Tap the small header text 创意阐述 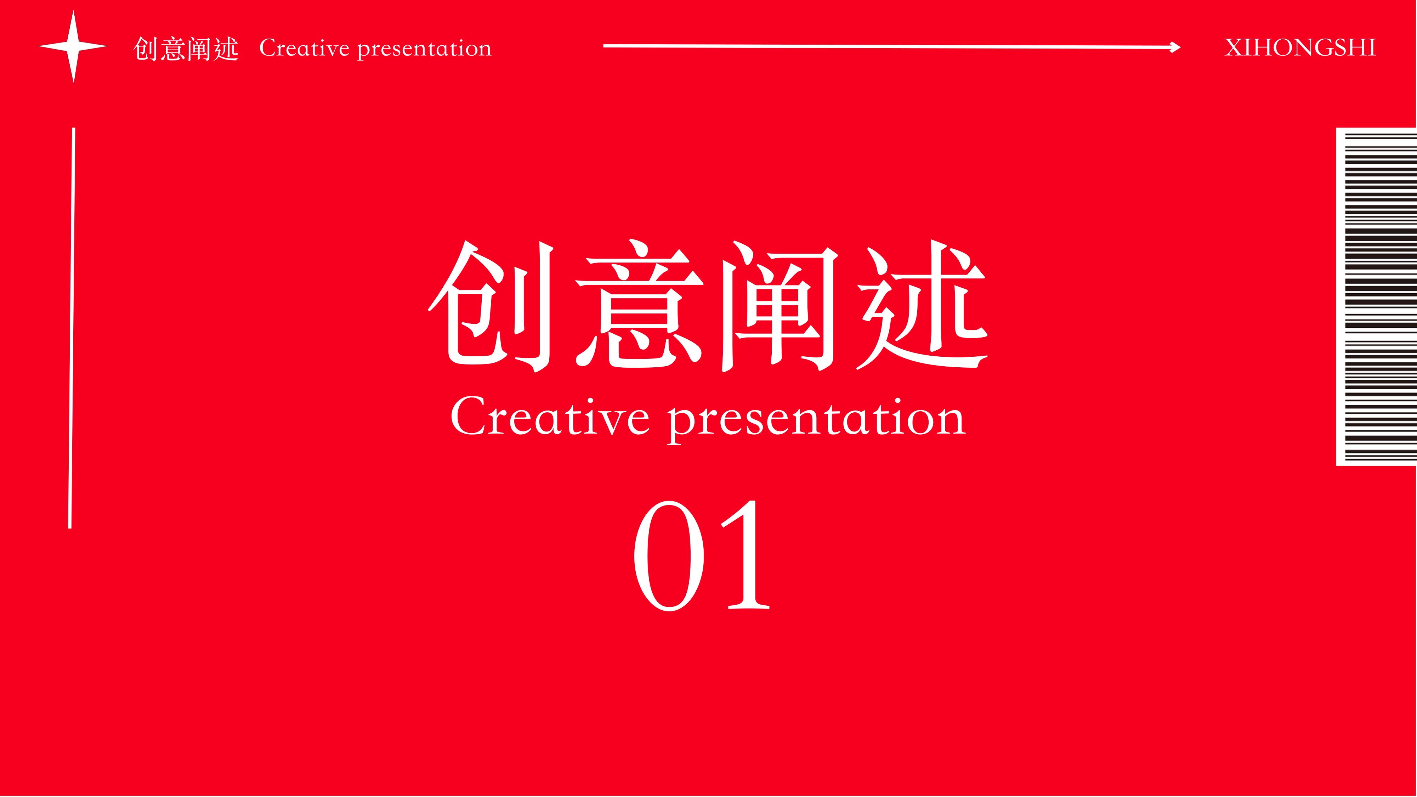(186, 49)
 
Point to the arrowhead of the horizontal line (1175, 47)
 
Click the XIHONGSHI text (1300, 48)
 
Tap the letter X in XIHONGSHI (1234, 48)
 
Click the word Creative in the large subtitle (550, 416)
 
